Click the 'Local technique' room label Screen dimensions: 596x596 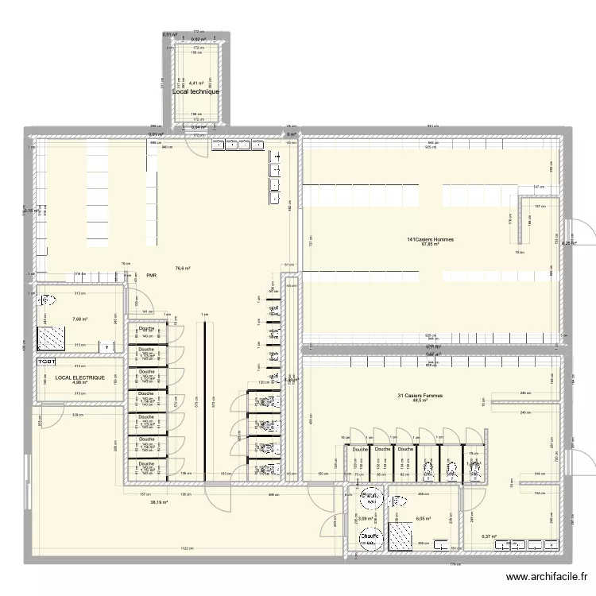pyautogui.click(x=195, y=91)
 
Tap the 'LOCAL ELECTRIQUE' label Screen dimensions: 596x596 pyautogui.click(x=75, y=377)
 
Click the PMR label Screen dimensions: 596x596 pyautogui.click(x=151, y=277)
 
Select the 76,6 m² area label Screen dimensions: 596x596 pyautogui.click(x=182, y=269)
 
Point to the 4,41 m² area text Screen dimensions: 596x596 pyautogui.click(x=195, y=82)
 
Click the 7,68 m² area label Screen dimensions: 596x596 pyautogui.click(x=79, y=319)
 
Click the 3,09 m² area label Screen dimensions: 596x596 pyautogui.click(x=366, y=519)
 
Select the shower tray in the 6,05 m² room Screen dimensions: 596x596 pyautogui.click(x=400, y=536)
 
